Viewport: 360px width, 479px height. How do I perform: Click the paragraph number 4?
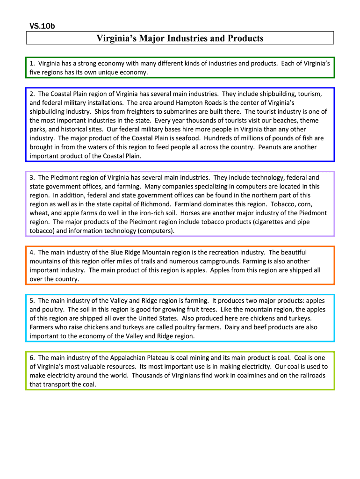32,252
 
